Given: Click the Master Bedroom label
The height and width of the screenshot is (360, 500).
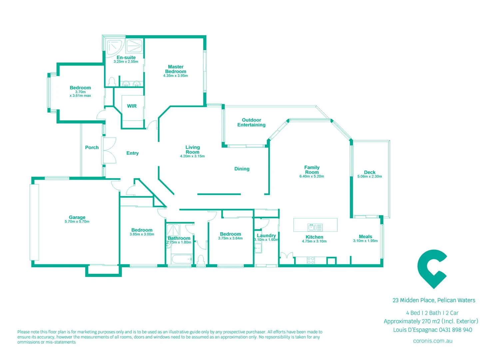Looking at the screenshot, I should tap(176, 69).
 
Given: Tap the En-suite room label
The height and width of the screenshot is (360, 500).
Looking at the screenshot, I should tap(126, 57).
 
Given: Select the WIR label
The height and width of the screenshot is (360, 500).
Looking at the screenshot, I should tap(132, 106).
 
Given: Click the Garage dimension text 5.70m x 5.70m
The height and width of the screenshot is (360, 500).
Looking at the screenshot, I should tap(77, 222).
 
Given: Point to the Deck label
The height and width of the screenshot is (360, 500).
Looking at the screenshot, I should tap(369, 172).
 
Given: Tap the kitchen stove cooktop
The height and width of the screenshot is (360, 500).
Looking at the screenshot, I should tap(310, 260).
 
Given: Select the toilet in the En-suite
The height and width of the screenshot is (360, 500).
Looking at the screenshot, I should tap(112, 82).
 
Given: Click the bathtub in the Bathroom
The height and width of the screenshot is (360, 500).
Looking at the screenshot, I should tap(182, 259).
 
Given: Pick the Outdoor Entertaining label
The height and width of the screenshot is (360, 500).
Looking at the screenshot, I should tap(251, 122).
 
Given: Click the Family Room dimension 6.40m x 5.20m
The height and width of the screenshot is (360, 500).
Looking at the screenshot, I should tap(311, 177).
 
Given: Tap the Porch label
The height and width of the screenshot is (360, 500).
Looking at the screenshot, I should tap(92, 147).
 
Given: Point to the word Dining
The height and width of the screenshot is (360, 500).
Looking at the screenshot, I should tap(242, 169).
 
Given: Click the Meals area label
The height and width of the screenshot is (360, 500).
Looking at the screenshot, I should tap(365, 236).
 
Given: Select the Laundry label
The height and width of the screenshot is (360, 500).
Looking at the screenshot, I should tap(266, 235).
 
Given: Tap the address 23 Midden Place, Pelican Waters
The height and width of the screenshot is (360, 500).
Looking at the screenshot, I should tap(434, 300).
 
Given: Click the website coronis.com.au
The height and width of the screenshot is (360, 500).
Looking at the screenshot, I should tap(432, 341).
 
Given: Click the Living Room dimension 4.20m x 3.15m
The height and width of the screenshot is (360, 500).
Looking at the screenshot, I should tap(192, 156).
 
